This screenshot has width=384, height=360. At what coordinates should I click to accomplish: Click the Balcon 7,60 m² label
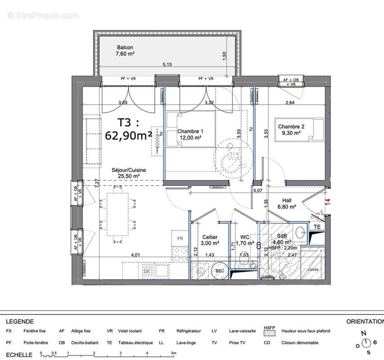point(125,50)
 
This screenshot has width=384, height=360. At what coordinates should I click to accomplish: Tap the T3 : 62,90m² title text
point(128,129)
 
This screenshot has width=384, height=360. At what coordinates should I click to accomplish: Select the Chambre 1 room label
point(190,135)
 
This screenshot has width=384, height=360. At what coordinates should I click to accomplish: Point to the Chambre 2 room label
point(291,130)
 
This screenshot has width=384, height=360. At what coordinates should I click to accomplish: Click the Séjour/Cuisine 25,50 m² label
point(129,173)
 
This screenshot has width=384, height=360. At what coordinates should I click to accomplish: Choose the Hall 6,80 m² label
point(289,204)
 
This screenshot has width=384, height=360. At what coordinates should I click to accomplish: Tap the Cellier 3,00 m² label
point(210,240)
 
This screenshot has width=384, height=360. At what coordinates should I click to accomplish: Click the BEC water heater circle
point(219,270)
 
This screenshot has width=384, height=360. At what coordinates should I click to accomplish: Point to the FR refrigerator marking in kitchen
point(180,238)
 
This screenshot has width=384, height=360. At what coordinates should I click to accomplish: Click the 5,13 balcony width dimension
point(167,64)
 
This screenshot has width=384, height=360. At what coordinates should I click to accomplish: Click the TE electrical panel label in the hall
point(317,227)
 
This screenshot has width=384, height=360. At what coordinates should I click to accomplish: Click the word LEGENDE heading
point(19,322)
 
